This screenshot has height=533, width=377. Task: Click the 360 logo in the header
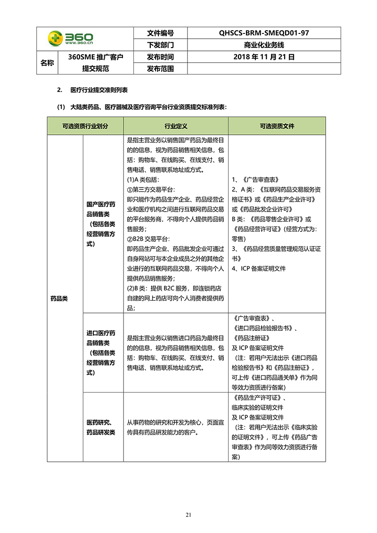(71, 39)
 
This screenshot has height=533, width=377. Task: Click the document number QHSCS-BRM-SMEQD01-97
(264, 33)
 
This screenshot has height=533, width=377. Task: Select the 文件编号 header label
(160, 33)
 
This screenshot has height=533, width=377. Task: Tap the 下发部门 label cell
(160, 45)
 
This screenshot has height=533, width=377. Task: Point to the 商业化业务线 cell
(264, 45)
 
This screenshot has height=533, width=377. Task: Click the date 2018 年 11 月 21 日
(264, 57)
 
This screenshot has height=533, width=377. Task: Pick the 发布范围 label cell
(160, 69)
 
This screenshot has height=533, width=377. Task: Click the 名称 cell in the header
(47, 63)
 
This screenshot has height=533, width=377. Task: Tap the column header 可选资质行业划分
(85, 126)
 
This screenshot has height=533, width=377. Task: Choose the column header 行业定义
(176, 126)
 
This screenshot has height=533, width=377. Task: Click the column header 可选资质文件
(277, 126)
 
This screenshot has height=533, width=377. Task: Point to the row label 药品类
(59, 298)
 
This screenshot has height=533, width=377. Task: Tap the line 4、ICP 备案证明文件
(259, 269)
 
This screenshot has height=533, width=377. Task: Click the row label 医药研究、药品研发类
(101, 427)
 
